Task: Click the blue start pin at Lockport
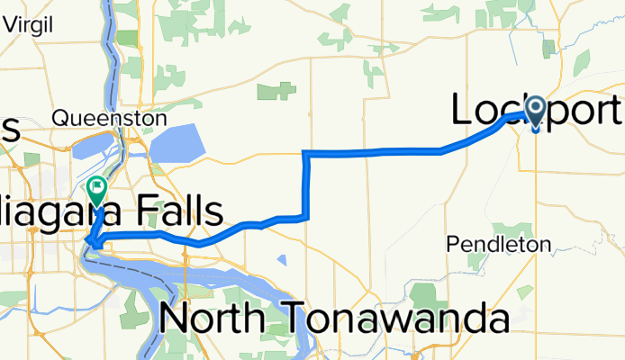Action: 536,112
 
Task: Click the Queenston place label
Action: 110,118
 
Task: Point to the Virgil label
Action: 32,25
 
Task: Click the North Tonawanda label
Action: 333,320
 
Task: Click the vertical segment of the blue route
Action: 307,184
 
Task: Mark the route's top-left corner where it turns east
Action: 307,153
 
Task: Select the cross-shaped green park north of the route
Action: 277,91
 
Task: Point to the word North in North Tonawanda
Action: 216,320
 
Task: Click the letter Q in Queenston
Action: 59,118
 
